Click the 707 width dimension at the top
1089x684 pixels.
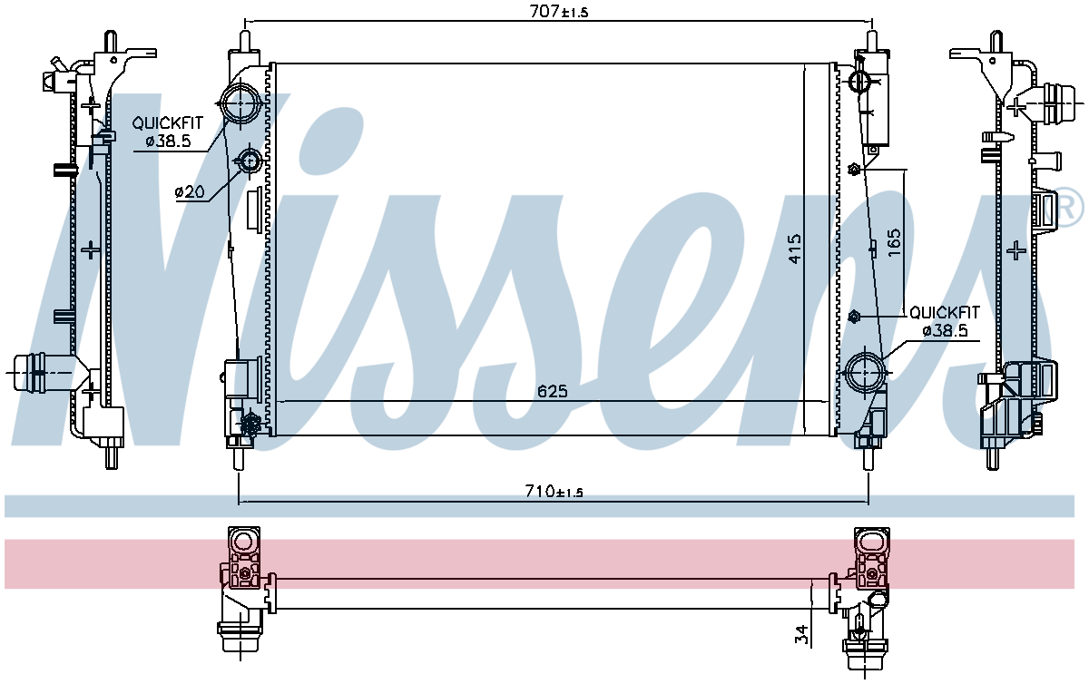[x=559, y=11]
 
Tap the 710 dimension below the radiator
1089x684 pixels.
[x=554, y=491]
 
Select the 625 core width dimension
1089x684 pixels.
[x=553, y=390]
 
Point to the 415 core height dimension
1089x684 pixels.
[x=795, y=249]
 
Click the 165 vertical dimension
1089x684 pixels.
[x=894, y=242]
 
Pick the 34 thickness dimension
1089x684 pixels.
[x=802, y=634]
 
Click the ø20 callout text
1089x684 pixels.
[x=190, y=192]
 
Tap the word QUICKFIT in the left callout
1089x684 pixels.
[x=167, y=123]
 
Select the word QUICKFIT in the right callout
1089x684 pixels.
[x=945, y=312]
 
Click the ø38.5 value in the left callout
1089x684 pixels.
[x=168, y=141]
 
